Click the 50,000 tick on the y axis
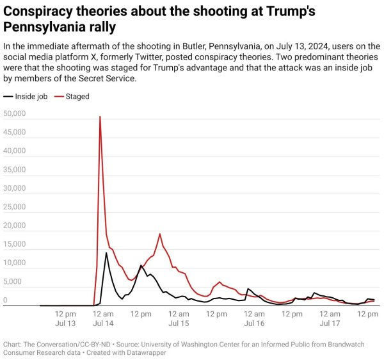point(14,114)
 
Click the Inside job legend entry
point(28,97)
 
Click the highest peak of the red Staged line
point(100,117)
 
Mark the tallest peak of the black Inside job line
point(106,253)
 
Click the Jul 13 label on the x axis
point(66,323)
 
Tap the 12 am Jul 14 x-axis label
point(104,318)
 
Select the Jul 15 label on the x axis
point(179,323)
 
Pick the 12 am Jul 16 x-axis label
point(254,318)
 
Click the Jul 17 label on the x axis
point(330,323)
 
